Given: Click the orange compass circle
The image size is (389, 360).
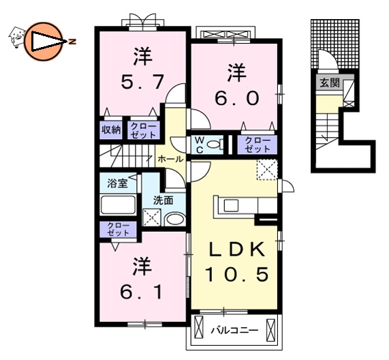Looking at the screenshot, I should (43, 41).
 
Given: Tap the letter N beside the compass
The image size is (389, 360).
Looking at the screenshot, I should (72, 42).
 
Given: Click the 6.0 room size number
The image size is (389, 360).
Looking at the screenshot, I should (236, 97).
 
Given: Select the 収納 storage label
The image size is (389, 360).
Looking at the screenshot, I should (112, 130).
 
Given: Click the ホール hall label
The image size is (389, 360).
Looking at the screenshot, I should (170, 159).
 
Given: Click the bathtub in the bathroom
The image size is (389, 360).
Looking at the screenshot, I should (119, 206).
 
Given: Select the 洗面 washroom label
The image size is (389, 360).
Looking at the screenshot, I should (163, 201).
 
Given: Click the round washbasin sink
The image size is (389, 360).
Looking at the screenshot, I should (174, 220).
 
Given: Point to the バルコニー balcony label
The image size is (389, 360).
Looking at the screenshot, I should (234, 331).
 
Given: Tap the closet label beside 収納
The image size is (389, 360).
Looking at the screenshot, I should (143, 130).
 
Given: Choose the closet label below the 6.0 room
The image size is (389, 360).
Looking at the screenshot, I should (258, 144).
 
